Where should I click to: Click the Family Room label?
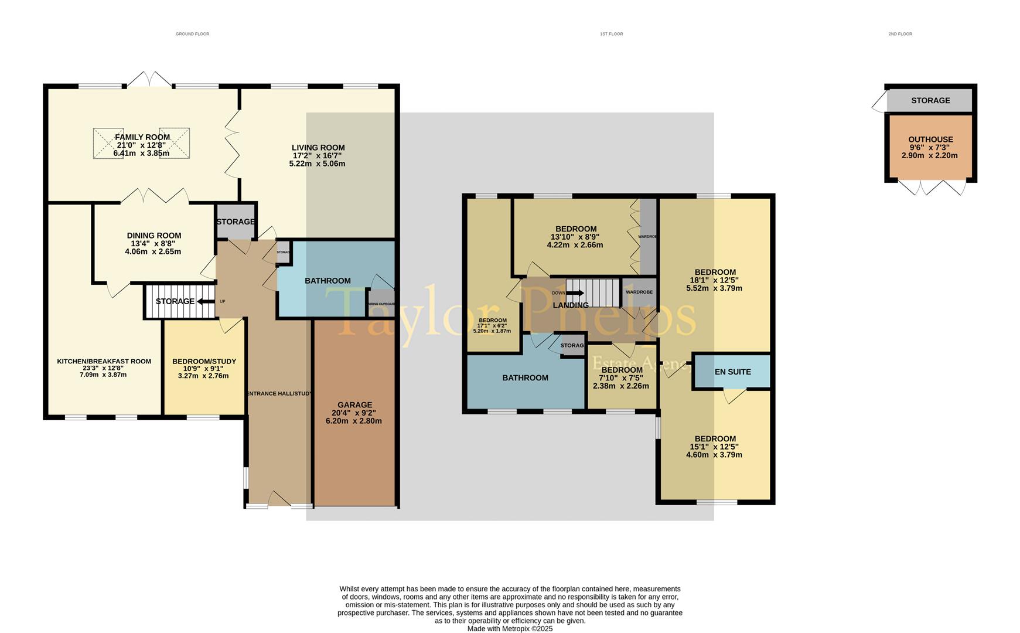point(142,137)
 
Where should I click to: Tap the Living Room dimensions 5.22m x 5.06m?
point(317,164)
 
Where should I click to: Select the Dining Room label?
point(153,236)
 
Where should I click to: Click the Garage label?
point(354,405)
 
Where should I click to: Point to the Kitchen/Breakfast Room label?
point(104,362)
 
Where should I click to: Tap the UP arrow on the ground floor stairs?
point(206,301)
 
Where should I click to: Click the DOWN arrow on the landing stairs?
point(575,293)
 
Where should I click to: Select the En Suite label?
point(732,372)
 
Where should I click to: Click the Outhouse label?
point(930,139)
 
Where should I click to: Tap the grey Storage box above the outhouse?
point(930,101)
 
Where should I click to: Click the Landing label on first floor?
point(571,305)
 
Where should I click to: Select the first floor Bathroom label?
point(525,378)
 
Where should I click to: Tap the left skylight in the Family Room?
point(108,143)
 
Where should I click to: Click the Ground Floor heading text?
point(192,34)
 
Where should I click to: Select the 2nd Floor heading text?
point(900,34)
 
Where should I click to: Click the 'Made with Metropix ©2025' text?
point(510,628)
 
